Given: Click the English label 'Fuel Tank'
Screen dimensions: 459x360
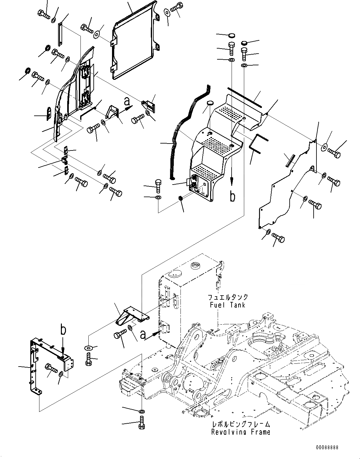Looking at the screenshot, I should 227,305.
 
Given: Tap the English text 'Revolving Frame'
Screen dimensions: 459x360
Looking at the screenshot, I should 241,432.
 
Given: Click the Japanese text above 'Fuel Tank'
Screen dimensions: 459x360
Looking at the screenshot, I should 227,297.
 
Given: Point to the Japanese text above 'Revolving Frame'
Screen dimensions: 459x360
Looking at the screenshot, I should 241,425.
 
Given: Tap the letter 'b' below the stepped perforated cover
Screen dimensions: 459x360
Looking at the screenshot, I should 232,196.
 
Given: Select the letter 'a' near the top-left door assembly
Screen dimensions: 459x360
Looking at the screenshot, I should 127,101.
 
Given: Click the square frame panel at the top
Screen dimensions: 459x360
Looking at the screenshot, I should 134,41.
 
